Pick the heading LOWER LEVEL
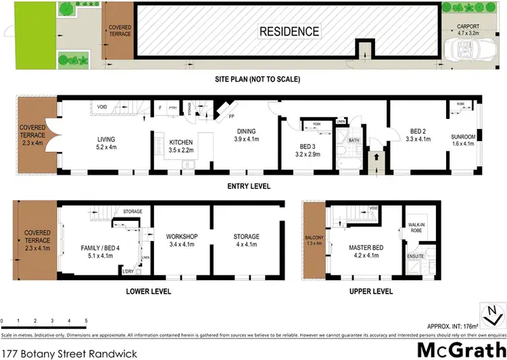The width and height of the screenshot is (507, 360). [x=149, y=292]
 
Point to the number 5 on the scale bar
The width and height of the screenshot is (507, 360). [x=86, y=319]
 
